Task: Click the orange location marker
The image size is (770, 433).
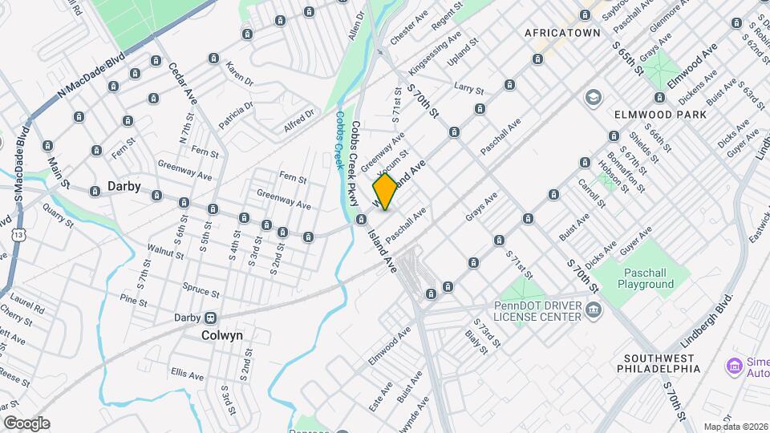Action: click(x=385, y=192)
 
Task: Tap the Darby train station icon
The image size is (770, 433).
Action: click(x=211, y=318)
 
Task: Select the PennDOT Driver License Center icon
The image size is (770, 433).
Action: click(x=594, y=311)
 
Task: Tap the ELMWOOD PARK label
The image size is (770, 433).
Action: click(x=660, y=115)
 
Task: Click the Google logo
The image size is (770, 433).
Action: click(x=26, y=423)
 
